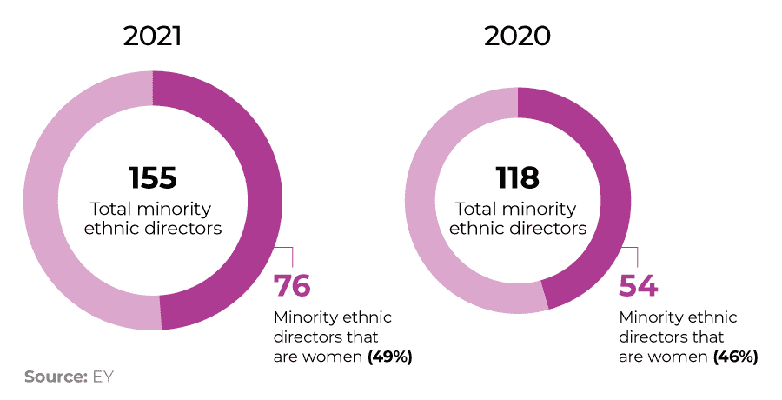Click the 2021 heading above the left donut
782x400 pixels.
[153, 37]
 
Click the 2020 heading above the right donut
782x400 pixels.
[518, 37]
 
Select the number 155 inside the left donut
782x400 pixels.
[153, 177]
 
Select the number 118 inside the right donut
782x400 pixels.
[518, 177]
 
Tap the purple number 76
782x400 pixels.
[292, 286]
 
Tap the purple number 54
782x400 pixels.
[638, 286]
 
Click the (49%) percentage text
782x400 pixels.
[389, 357]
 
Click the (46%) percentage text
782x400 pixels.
[735, 357]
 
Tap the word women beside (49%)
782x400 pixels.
[333, 357]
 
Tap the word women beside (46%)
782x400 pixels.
[679, 357]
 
